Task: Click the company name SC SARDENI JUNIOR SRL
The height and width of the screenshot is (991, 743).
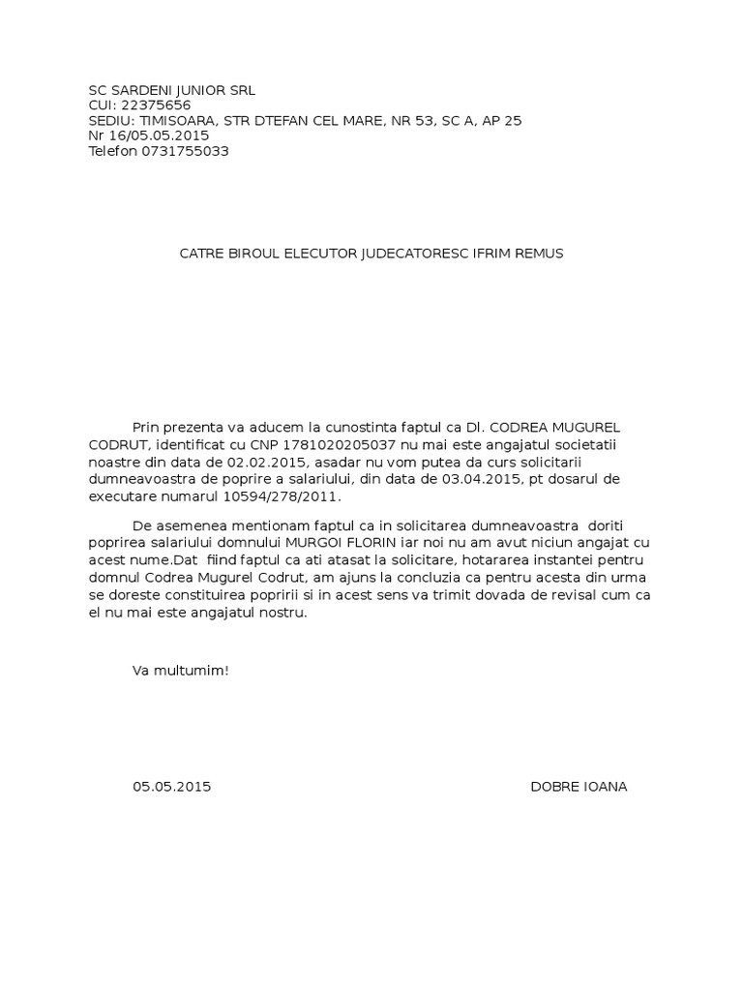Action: click(x=171, y=90)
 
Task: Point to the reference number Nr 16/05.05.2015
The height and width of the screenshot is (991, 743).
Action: click(x=148, y=136)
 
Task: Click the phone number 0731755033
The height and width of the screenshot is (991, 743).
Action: click(x=186, y=152)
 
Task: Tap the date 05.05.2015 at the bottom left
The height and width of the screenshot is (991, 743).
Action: click(x=171, y=787)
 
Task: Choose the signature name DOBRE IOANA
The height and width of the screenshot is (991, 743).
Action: click(x=579, y=787)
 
